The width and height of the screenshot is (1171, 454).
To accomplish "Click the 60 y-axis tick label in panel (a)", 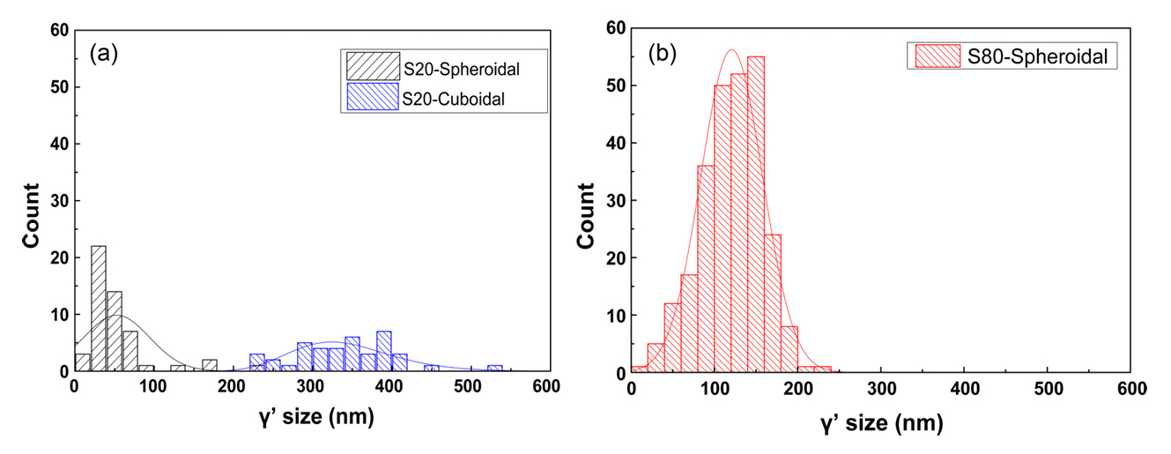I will tap(57, 30).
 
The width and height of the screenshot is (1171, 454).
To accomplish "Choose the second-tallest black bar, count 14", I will tap(114, 331).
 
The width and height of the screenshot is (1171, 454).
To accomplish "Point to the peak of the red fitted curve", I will tap(730, 50).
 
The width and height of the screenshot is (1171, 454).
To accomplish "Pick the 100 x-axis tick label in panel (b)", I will tap(714, 391).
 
